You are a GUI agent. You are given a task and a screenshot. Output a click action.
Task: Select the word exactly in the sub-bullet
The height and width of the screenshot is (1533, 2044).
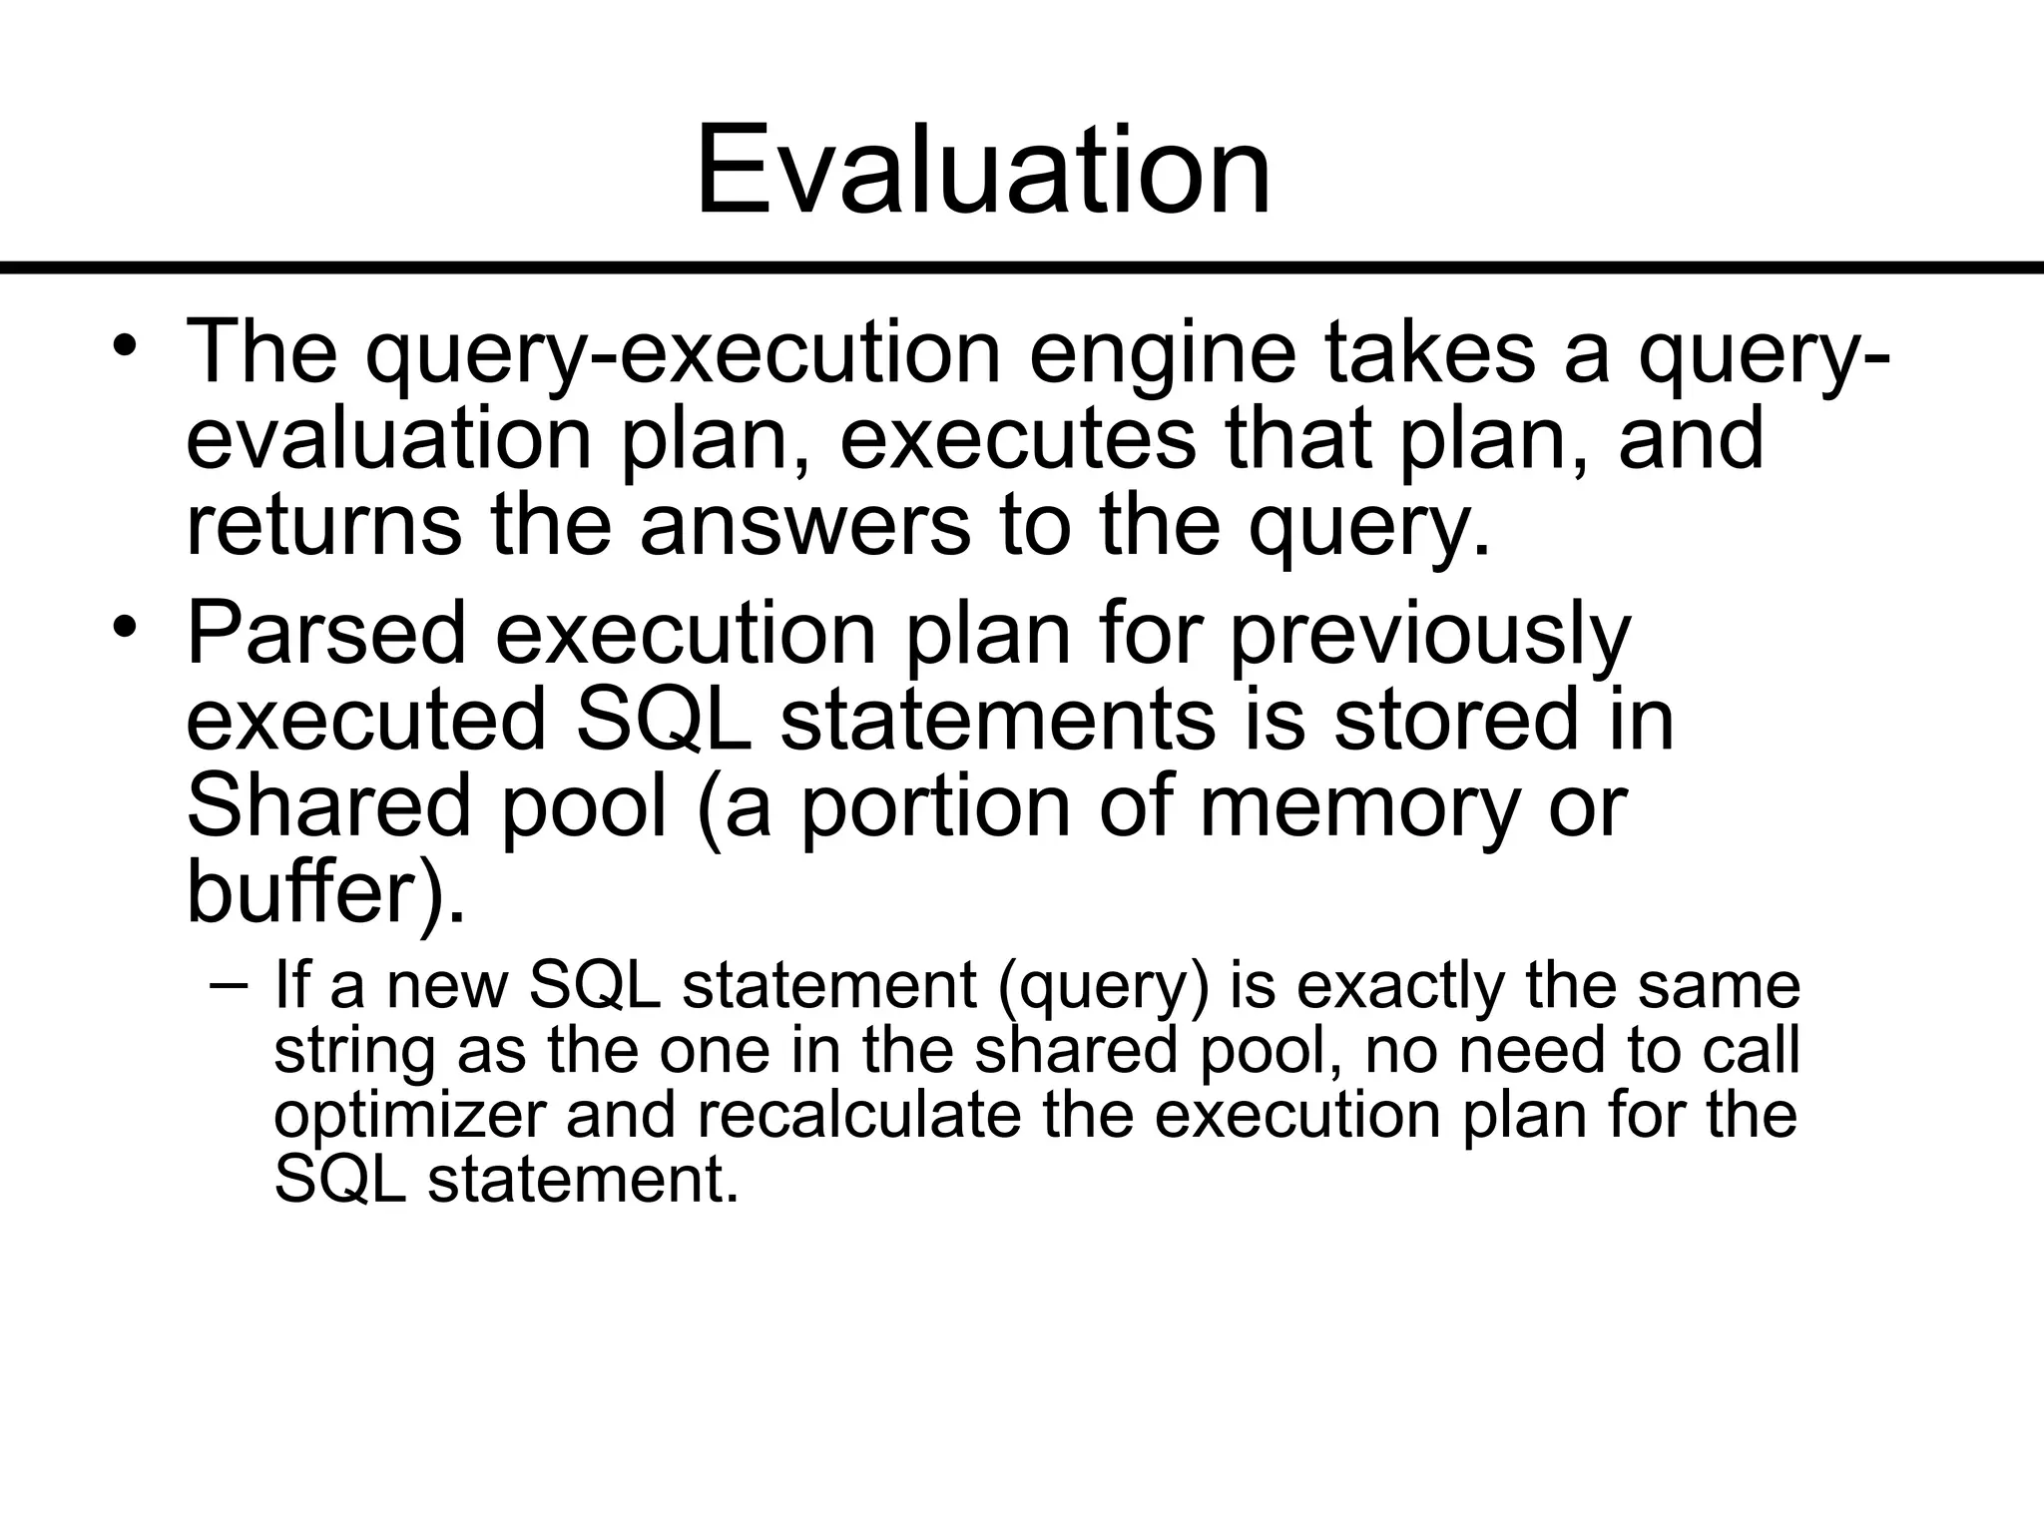[x=1396, y=987]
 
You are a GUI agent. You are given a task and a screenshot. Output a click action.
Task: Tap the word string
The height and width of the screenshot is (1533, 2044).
[x=354, y=1053]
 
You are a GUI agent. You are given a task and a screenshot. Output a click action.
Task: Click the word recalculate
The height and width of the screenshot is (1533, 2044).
[x=858, y=1114]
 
